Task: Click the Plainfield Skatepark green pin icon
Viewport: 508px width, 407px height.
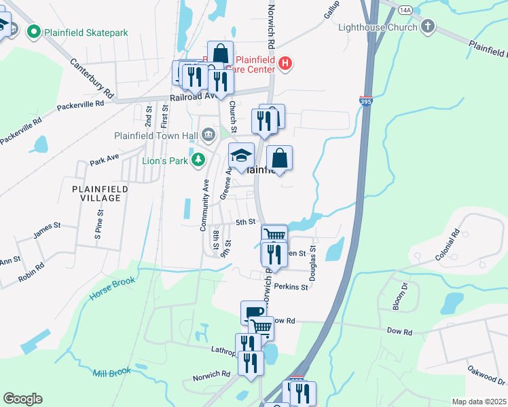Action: click(33, 31)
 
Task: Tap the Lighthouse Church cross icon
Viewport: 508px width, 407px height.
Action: click(427, 26)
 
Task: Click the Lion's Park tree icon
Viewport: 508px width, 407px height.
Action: click(198, 159)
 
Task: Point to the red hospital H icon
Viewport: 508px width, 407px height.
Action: click(285, 64)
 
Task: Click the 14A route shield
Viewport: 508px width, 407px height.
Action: click(405, 10)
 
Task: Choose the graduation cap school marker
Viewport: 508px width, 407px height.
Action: click(241, 156)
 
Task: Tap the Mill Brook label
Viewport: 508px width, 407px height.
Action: click(111, 372)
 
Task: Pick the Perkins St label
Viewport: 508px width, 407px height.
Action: click(295, 287)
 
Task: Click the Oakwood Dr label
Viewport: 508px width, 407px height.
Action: click(486, 376)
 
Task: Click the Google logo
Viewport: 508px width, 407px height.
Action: click(22, 399)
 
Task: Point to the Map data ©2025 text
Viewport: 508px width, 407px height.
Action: click(479, 402)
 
